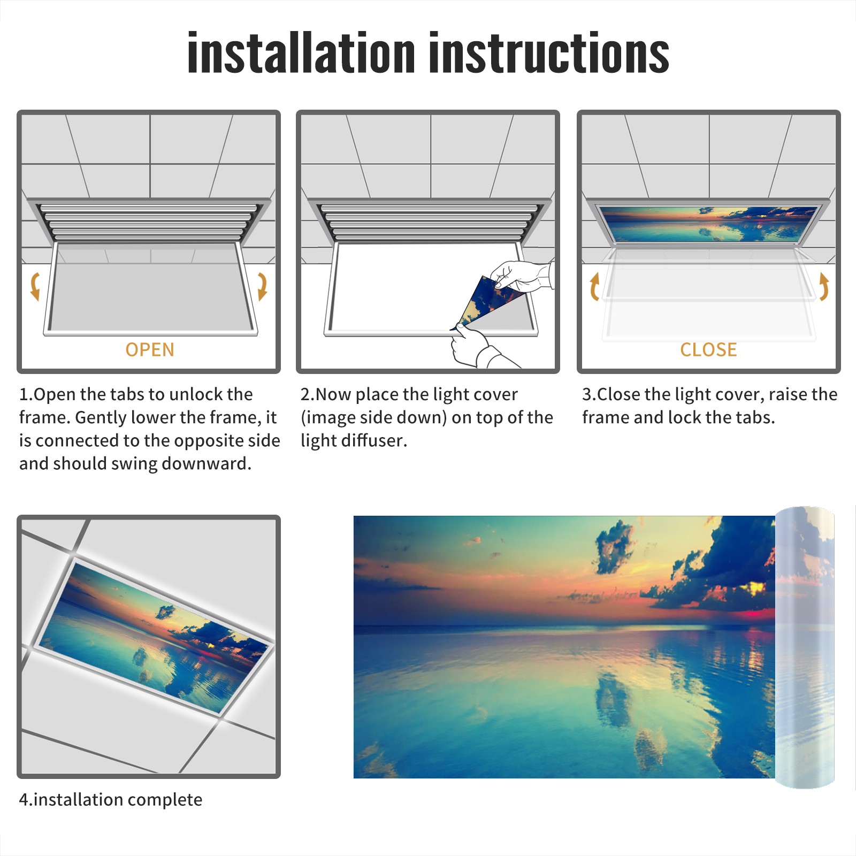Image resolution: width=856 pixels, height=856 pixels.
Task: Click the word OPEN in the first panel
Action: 150,350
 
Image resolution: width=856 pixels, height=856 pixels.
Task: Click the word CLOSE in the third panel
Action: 708,350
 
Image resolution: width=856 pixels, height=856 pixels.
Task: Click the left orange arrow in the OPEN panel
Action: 35,286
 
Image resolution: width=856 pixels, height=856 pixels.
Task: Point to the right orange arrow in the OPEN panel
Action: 263,286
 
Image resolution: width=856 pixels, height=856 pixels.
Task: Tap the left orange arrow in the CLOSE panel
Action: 594,286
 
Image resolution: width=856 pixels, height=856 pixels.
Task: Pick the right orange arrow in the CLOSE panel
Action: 824,286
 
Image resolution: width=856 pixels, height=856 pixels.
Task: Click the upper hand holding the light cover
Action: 522,276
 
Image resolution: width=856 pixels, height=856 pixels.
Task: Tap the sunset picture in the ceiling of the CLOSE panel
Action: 709,224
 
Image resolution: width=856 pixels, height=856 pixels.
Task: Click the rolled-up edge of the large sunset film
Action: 805,647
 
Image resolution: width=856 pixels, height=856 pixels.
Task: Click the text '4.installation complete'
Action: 111,800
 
